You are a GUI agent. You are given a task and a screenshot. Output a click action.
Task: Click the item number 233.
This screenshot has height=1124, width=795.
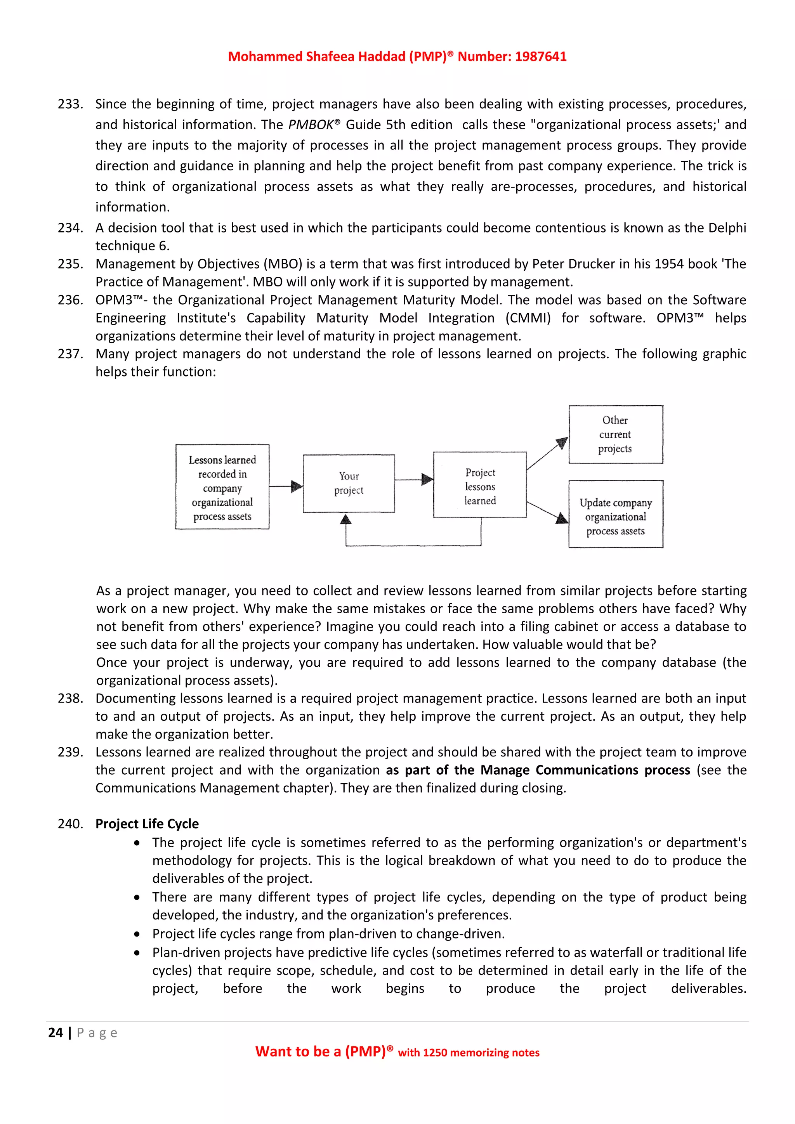point(70,104)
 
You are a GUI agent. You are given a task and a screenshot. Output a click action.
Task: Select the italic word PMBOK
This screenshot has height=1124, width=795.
point(311,125)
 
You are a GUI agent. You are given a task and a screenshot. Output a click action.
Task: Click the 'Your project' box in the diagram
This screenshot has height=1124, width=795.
point(349,483)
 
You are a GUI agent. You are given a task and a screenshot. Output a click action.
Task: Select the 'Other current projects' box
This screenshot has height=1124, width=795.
point(615,434)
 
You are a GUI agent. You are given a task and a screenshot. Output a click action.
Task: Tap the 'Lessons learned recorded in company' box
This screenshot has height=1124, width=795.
point(222,487)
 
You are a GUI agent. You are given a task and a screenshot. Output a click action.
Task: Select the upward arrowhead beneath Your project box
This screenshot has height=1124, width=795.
point(346,519)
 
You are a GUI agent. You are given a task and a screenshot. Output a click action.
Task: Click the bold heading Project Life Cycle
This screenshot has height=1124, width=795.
point(147,824)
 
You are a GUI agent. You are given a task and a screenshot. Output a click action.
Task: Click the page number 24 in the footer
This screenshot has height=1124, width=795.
point(56,1032)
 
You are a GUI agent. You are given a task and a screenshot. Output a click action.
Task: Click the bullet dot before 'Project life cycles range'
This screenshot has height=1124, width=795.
point(137,935)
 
